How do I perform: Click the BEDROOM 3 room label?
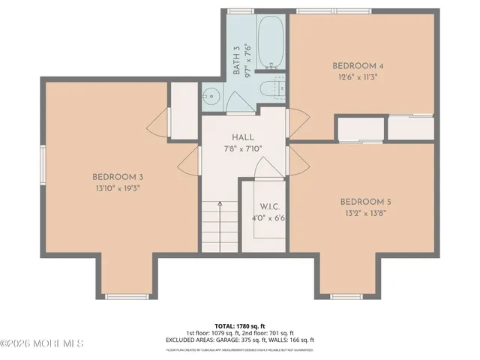118,177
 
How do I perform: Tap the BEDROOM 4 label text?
358,66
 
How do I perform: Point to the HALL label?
243,137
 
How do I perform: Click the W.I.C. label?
270,207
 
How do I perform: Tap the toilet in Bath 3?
269,90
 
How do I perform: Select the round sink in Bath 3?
211,94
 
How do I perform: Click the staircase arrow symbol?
220,203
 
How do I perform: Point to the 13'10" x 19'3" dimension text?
117,188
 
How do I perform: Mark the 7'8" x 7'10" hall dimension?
243,148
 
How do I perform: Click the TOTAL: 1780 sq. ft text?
240,325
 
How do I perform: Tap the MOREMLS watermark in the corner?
43,343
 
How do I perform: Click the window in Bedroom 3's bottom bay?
126,297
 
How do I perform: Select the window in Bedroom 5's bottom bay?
346,297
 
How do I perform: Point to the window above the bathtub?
240,11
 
